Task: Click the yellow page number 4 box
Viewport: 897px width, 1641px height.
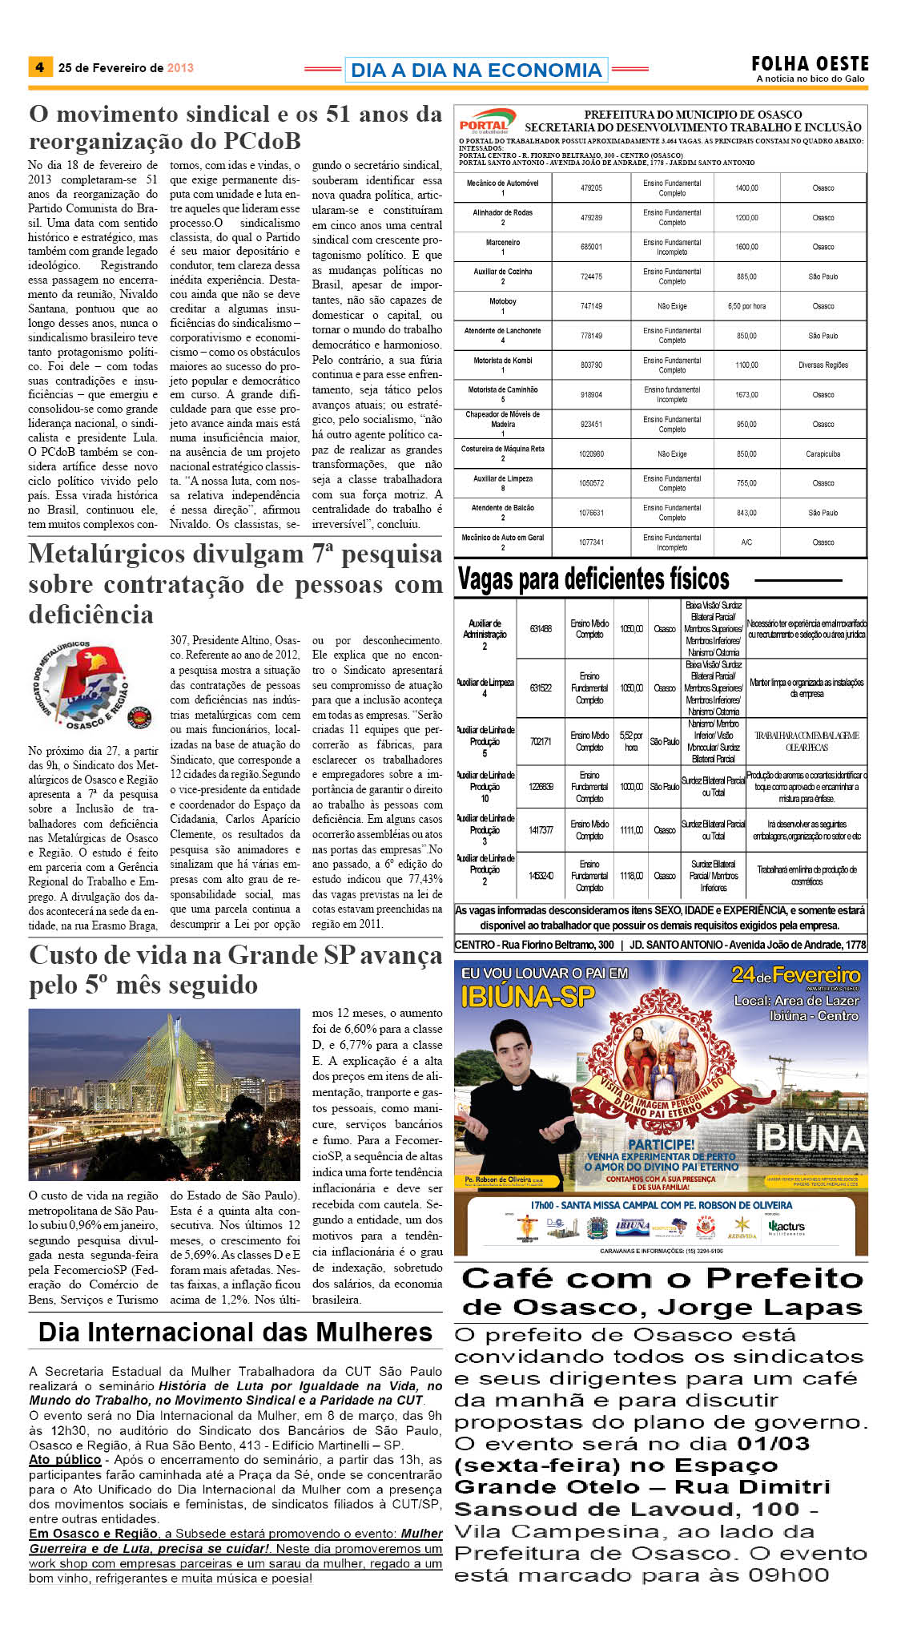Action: pyautogui.click(x=39, y=67)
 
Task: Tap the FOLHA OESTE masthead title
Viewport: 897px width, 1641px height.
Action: pyautogui.click(x=810, y=64)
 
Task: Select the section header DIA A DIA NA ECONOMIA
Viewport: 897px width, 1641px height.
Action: pyautogui.click(x=476, y=71)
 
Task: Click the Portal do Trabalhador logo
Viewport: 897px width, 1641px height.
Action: pyautogui.click(x=486, y=122)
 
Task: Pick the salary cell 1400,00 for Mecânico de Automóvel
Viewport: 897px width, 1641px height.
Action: pyautogui.click(x=746, y=188)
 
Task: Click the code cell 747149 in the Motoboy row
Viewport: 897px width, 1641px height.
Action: pyautogui.click(x=591, y=306)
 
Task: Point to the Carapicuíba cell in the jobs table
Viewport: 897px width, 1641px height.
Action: pyautogui.click(x=823, y=454)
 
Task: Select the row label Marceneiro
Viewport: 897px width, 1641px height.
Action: pyautogui.click(x=503, y=242)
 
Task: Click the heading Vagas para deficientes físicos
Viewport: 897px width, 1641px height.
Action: pyautogui.click(x=593, y=579)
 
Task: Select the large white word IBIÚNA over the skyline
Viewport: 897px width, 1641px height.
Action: pyautogui.click(x=810, y=1138)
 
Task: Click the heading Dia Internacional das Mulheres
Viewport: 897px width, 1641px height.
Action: pyautogui.click(x=235, y=1332)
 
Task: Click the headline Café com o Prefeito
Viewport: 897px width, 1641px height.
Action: pyautogui.click(x=662, y=1278)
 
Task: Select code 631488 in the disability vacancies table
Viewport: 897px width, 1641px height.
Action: pyautogui.click(x=541, y=629)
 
